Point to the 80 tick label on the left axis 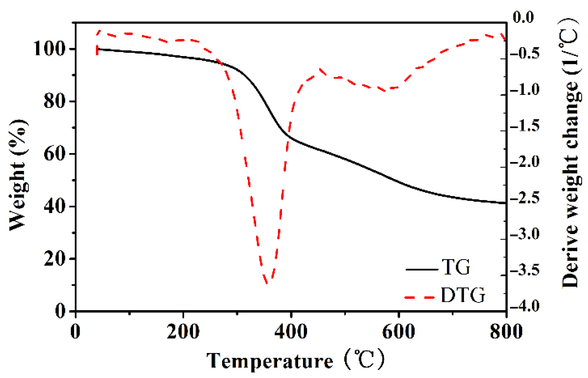point(54,101)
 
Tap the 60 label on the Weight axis point(54,154)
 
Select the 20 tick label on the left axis point(54,259)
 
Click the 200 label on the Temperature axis point(183,331)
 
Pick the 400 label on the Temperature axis point(291,331)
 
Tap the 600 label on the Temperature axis point(399,331)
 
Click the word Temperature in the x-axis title point(270,361)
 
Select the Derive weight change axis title point(571,154)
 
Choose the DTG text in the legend point(463,295)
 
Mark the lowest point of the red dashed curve point(267,283)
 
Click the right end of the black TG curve point(505,203)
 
